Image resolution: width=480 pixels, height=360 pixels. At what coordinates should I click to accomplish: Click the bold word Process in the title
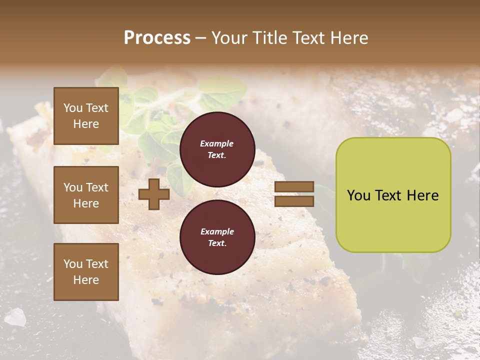click(157, 38)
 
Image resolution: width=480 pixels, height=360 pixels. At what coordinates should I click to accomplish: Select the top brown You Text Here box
click(86, 116)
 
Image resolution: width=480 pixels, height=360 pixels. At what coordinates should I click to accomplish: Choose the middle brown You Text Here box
click(86, 195)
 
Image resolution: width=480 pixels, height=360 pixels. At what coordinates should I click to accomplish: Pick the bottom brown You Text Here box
click(86, 271)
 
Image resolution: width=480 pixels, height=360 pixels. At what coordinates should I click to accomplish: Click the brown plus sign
click(153, 194)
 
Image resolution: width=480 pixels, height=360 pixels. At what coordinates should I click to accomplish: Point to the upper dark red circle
click(217, 149)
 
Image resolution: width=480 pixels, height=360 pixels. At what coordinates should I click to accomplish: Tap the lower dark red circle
click(217, 237)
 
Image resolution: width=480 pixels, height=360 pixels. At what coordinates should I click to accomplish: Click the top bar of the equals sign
click(294, 186)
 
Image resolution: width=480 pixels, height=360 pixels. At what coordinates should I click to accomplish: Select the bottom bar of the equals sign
click(294, 201)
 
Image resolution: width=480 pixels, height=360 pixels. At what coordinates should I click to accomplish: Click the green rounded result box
click(393, 195)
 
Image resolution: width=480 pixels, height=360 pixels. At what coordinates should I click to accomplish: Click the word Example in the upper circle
click(217, 143)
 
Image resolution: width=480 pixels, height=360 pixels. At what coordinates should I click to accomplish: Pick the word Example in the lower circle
click(217, 231)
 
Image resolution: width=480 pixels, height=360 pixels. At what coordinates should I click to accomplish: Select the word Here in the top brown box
click(86, 124)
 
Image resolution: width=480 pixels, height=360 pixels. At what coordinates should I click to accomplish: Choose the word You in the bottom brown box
click(73, 263)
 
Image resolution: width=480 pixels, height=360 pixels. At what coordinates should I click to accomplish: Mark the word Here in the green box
click(422, 195)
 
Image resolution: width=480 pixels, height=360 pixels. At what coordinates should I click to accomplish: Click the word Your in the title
click(230, 38)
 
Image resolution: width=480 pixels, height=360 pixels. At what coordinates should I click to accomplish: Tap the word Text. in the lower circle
click(217, 243)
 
